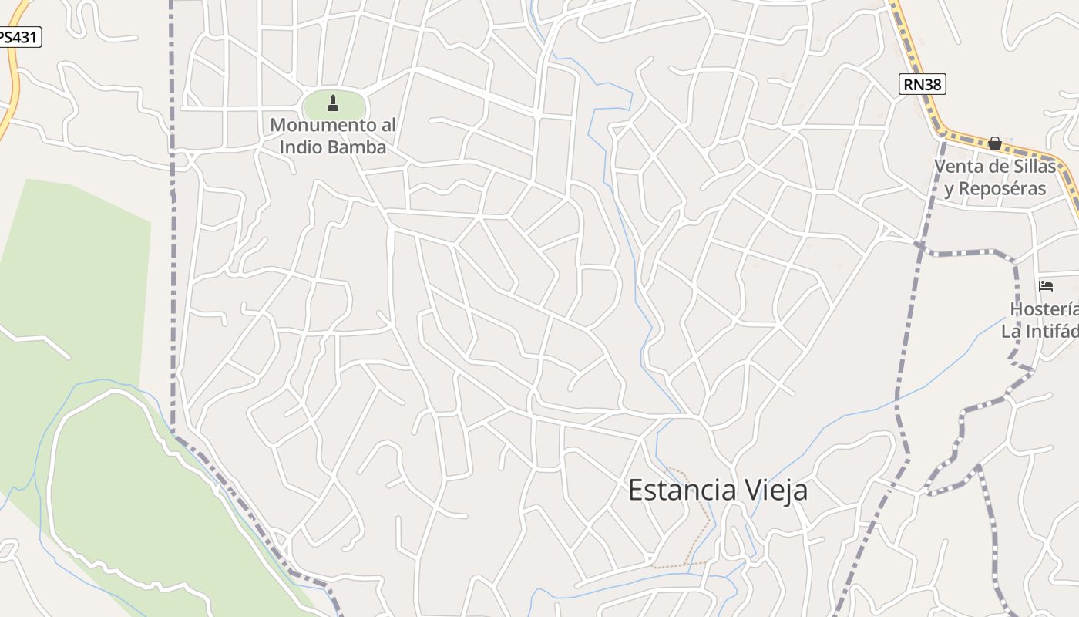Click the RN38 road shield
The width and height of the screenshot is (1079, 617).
922,84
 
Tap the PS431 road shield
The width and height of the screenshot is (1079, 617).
18,36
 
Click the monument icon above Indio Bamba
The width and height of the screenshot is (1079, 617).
333,103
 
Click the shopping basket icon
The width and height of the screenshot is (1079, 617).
995,143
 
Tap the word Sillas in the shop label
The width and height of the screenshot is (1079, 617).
1031,167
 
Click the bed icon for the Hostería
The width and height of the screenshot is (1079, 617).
1046,285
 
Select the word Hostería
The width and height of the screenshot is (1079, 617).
1044,309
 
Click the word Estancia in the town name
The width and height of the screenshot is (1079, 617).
681,490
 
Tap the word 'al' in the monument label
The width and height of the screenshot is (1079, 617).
388,125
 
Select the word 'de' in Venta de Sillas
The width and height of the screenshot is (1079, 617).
997,167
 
